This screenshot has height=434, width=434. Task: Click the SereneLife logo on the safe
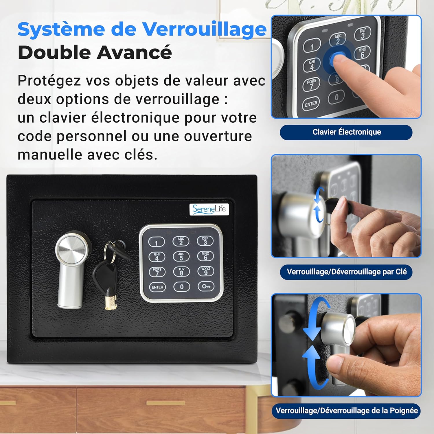[209, 209]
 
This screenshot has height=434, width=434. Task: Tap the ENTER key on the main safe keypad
[157, 287]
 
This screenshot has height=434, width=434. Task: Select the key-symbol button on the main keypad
[206, 286]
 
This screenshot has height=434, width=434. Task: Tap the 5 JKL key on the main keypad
[181, 256]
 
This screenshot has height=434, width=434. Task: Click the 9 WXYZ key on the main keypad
[206, 271]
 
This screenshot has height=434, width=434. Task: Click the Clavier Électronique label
[347, 132]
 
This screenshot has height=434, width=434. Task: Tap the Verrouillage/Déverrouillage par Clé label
[346, 272]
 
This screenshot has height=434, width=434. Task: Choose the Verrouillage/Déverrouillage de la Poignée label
[347, 411]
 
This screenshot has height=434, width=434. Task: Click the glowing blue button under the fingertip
[337, 60]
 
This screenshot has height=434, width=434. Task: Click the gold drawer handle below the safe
[165, 403]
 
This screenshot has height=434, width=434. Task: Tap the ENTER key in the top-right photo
[311, 104]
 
